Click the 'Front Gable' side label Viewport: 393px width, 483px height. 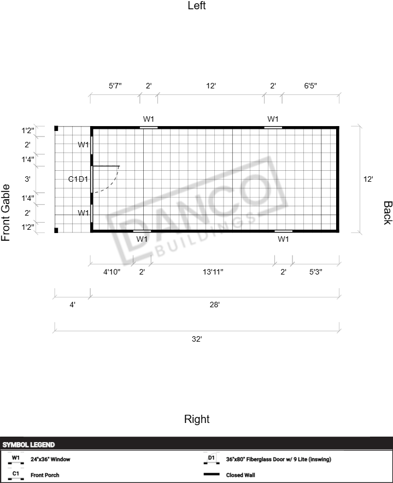point(6,212)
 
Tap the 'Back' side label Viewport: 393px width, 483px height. point(388,213)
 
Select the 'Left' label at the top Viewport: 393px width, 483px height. point(197,5)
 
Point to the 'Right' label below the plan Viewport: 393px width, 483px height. point(197,419)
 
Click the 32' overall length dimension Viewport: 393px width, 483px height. point(197,339)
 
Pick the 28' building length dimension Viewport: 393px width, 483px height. point(214,305)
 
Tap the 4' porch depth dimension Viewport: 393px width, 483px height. point(73,305)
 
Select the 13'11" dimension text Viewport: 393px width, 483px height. point(213,272)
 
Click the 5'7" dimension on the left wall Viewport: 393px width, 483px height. point(115,86)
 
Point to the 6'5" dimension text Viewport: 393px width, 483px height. point(310,86)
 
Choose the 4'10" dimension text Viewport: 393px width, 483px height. point(112,272)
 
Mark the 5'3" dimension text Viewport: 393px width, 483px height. point(315,272)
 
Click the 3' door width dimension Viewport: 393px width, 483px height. point(27,179)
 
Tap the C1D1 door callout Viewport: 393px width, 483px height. point(78,179)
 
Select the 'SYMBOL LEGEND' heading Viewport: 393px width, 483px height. point(28,444)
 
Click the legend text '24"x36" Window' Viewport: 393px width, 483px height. point(50,460)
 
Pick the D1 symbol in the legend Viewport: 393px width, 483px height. point(212,459)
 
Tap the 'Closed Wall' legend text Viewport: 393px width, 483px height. point(241,475)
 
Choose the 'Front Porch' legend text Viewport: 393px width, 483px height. point(45,475)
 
